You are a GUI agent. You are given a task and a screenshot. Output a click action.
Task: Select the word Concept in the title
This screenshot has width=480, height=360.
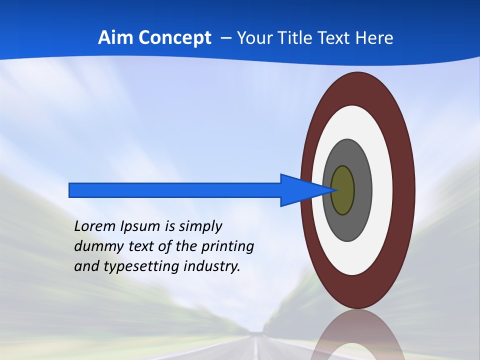click(x=174, y=37)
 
